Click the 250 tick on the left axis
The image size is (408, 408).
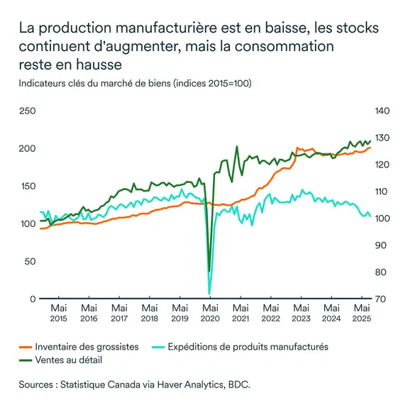(27, 111)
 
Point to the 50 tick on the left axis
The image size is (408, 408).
(29, 261)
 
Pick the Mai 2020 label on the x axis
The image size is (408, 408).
(210, 313)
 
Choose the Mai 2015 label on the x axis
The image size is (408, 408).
(59, 313)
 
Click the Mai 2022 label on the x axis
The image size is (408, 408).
(270, 313)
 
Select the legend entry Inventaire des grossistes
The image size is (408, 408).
(87, 347)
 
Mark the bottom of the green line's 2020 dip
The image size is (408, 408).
(209, 271)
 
